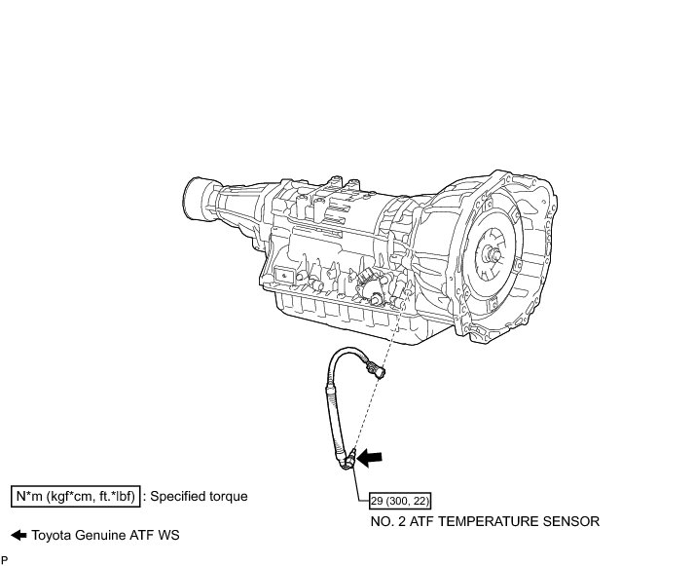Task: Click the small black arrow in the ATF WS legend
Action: click(18, 536)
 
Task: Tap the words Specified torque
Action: click(201, 497)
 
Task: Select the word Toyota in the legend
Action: click(51, 536)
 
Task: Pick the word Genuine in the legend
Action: click(98, 536)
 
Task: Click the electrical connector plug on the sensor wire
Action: click(373, 370)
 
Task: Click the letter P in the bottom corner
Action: click(5, 559)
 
